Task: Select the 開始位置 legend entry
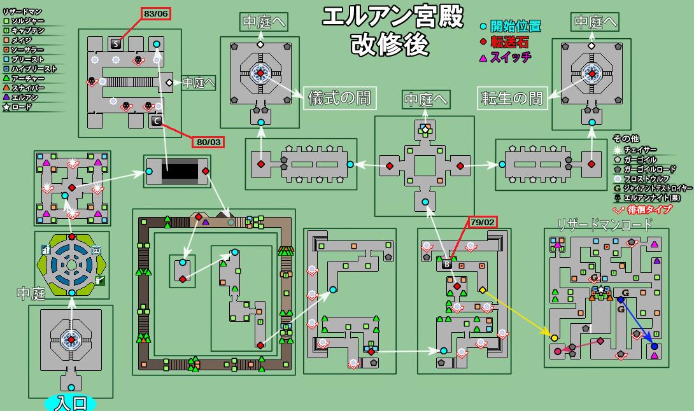point(511,26)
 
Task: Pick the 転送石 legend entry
point(507,42)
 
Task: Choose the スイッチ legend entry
point(506,57)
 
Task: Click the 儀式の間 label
point(338,99)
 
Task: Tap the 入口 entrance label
point(71,403)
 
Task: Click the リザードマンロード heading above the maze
point(604,224)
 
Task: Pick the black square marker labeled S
point(116,43)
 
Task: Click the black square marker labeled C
point(157,121)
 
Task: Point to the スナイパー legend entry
point(25,88)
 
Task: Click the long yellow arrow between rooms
point(517,313)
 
